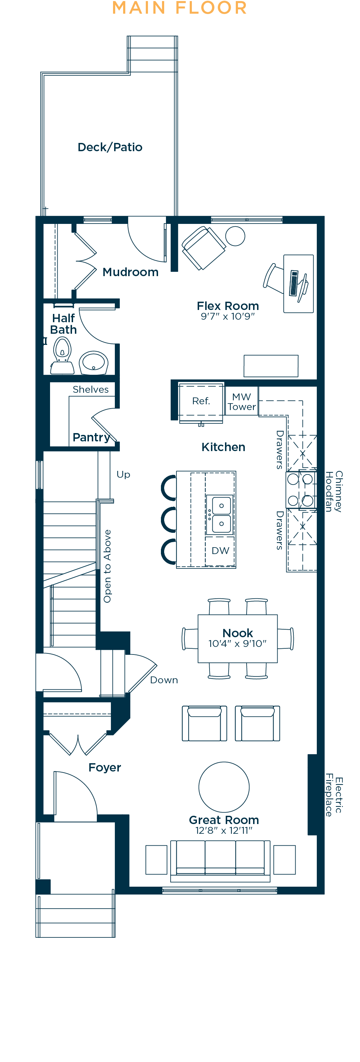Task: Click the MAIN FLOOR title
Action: point(180,8)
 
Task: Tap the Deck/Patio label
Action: point(110,147)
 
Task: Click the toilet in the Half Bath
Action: point(62,355)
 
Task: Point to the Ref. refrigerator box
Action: point(201,401)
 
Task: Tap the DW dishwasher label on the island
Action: point(220,551)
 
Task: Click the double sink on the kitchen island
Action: point(221,514)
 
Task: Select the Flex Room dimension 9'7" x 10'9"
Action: point(228,316)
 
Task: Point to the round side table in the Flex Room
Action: point(235,236)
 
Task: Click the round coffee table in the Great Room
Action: point(224,787)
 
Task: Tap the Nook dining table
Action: point(238,638)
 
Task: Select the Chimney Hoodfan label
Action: point(334,491)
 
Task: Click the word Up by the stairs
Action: point(123,474)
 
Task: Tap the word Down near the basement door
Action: point(164,680)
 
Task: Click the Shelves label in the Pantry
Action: point(91,390)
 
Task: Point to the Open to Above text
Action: point(107,566)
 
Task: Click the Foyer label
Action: point(105,767)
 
